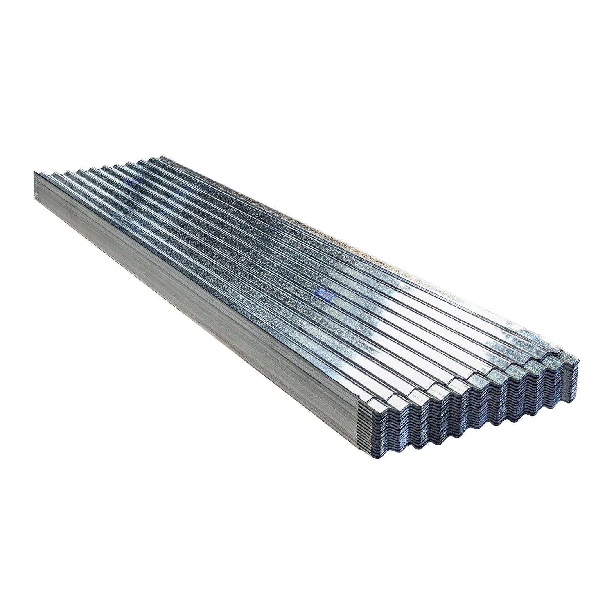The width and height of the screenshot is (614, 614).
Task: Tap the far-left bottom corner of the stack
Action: (x=33, y=193)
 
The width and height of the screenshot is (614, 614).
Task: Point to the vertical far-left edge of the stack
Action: (x=33, y=183)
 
